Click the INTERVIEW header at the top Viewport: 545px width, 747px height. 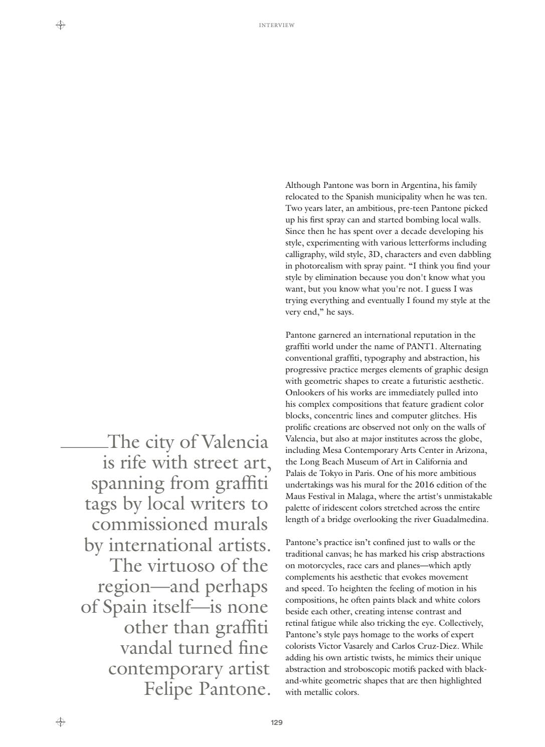[276, 25]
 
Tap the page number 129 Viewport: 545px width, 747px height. [276, 722]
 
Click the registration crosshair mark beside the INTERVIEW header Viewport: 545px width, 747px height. [60, 25]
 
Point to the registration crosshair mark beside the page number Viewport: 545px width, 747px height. [60, 722]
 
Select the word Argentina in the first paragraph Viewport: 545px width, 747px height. [421, 185]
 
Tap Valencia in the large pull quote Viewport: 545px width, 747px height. [235, 442]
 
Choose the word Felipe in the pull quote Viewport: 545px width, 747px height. [169, 689]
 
